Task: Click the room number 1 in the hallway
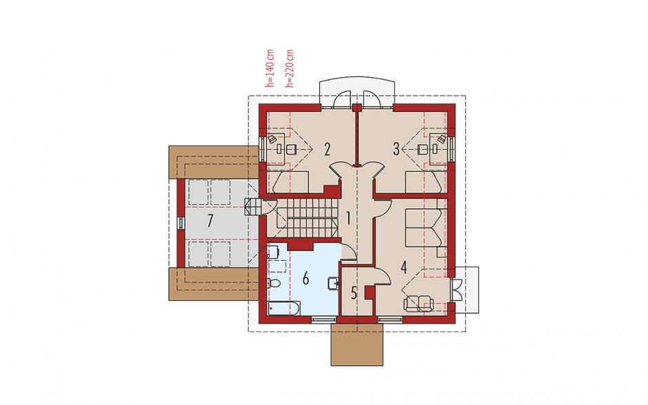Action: [348, 218]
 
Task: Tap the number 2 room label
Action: [327, 149]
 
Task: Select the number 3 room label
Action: [396, 149]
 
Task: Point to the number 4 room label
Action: [404, 268]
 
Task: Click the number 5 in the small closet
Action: [354, 293]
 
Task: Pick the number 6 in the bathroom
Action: [305, 279]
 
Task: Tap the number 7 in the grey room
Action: [210, 221]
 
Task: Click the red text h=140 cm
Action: [270, 68]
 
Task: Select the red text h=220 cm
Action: [290, 68]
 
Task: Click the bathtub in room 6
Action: [284, 308]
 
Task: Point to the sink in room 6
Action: [333, 284]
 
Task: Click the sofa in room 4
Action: [418, 304]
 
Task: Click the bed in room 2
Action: [292, 182]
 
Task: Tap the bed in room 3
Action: [423, 182]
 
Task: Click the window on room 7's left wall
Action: [181, 223]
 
